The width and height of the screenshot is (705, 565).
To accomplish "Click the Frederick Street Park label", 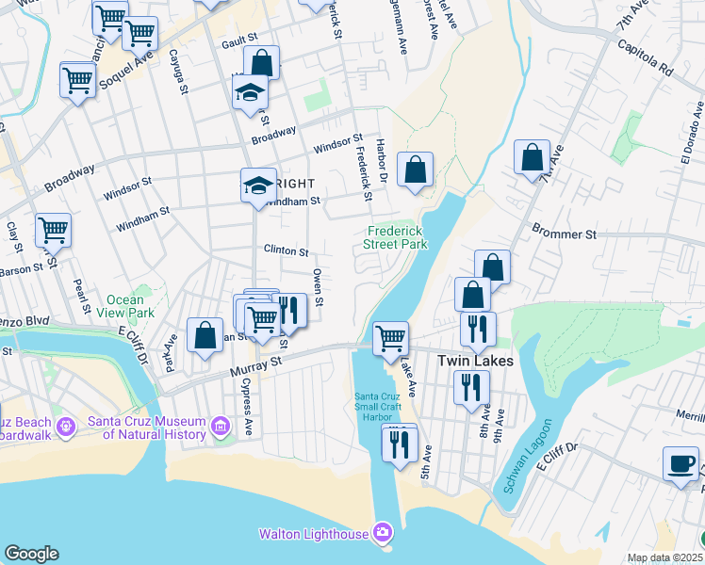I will (x=396, y=236).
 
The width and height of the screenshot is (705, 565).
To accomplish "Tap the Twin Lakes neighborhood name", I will (x=475, y=361).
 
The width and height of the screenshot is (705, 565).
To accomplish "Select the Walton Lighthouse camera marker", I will (x=382, y=534).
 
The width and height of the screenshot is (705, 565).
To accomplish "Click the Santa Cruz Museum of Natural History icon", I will (x=221, y=428).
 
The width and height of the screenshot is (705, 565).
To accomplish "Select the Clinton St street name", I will (x=287, y=251).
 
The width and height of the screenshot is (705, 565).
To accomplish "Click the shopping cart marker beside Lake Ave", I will (x=390, y=337).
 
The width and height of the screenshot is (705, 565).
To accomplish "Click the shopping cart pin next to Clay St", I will (x=54, y=229).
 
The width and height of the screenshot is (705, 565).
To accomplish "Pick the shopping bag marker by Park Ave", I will (x=205, y=335).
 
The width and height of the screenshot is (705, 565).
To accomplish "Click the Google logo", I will (x=31, y=554).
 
